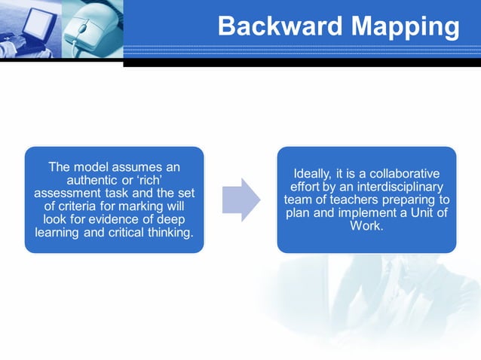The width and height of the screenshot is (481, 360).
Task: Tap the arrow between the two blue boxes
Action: pyautogui.click(x=241, y=200)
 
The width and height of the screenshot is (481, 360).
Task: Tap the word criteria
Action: pyautogui.click(x=82, y=206)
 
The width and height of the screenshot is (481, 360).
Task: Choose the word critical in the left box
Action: pyautogui.click(x=130, y=231)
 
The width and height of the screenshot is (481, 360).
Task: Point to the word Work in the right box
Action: pyautogui.click(x=366, y=225)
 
